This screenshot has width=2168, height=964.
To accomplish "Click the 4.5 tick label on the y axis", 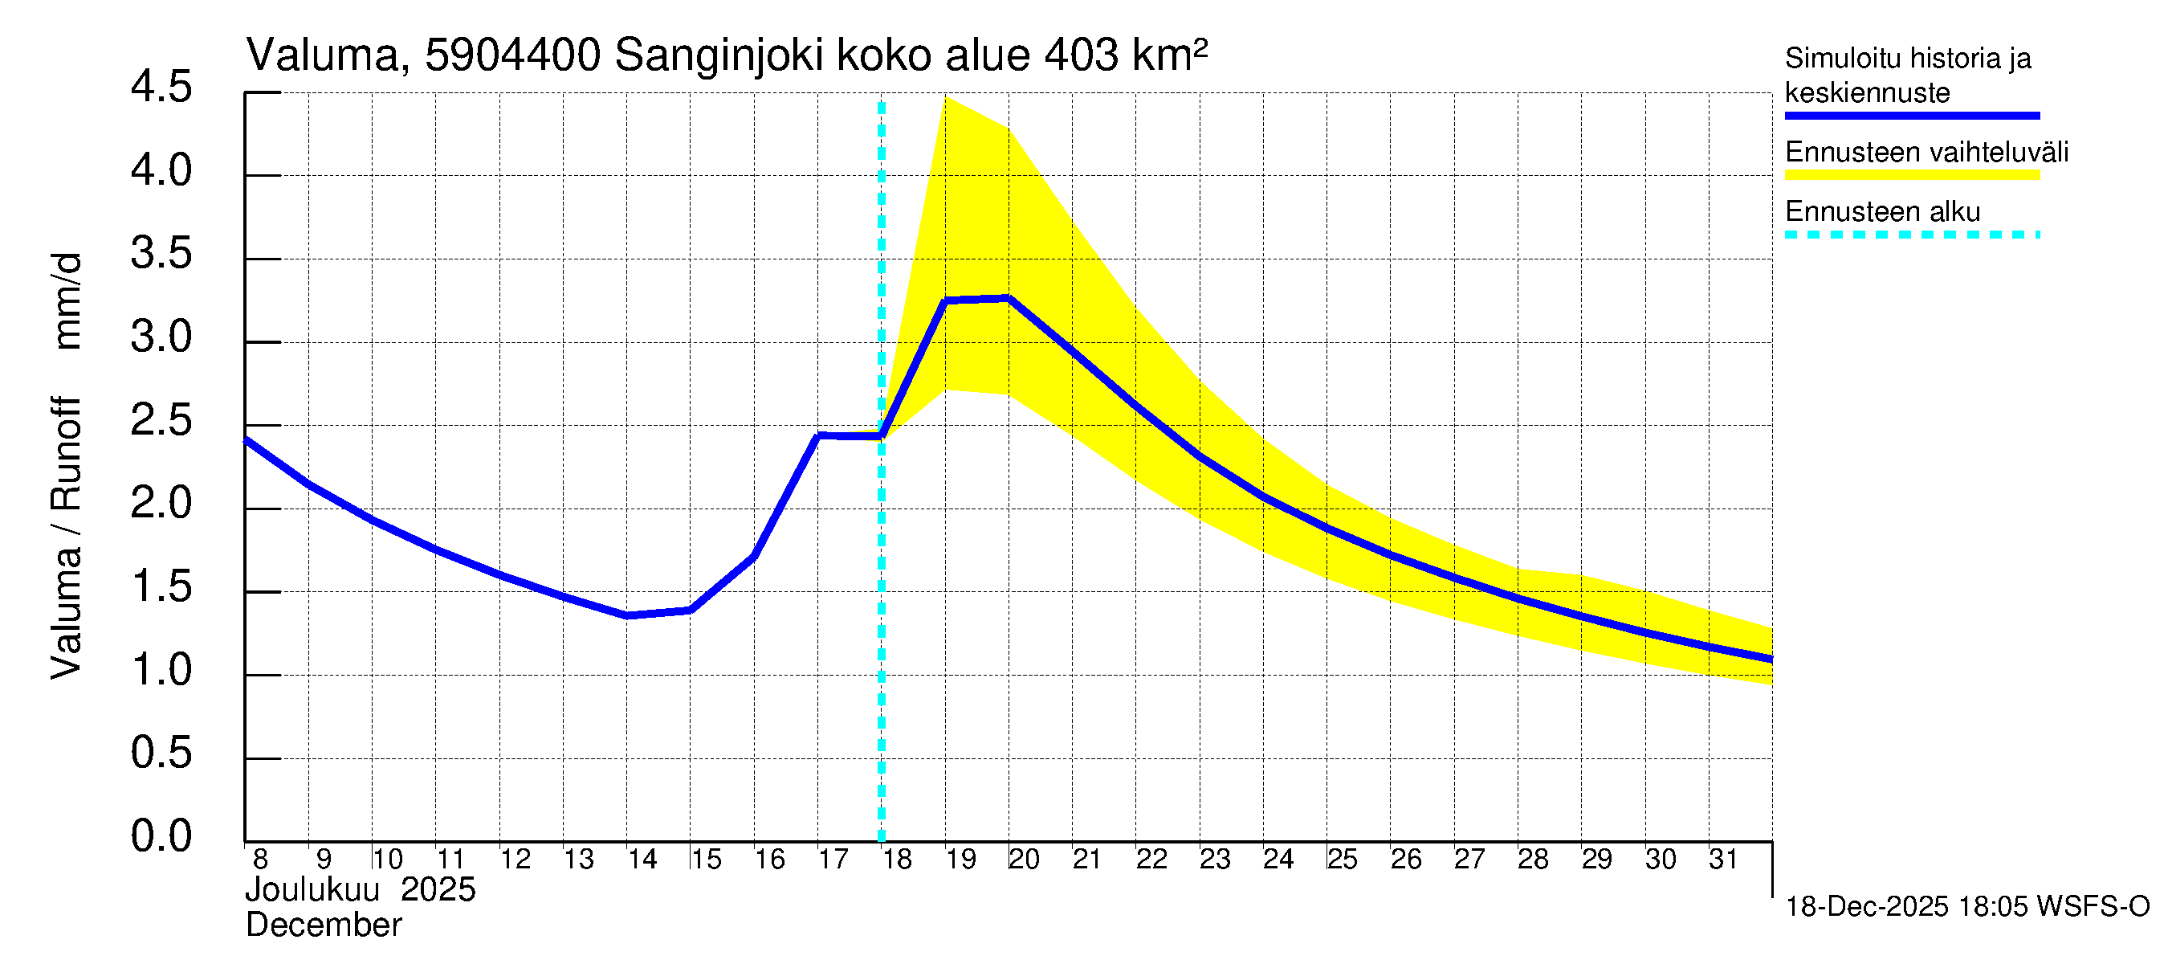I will click(x=161, y=88).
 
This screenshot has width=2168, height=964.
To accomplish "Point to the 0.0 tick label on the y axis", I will click(x=161, y=836).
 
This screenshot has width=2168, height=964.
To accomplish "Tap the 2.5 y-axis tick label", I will click(x=161, y=420).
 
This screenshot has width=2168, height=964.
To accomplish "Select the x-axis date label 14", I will click(x=642, y=860).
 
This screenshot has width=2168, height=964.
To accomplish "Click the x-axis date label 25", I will click(x=1343, y=860).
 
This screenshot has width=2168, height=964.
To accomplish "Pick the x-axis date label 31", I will click(x=1724, y=860).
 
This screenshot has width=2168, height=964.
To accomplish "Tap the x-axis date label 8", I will click(x=260, y=860).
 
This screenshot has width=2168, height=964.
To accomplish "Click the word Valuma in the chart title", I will click(x=321, y=55).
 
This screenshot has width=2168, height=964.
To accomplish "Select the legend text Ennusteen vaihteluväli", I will click(x=1926, y=153).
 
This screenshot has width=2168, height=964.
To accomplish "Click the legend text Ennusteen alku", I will click(x=1883, y=211).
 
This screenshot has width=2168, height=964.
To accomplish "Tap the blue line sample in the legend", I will click(x=1912, y=116).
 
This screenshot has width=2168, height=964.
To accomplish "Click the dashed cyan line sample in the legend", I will click(x=1912, y=235).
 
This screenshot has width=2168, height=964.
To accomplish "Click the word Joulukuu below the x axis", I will click(x=312, y=890).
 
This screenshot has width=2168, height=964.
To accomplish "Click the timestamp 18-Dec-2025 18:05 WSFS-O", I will click(x=1966, y=907).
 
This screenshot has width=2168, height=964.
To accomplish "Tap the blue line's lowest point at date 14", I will click(x=628, y=615).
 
